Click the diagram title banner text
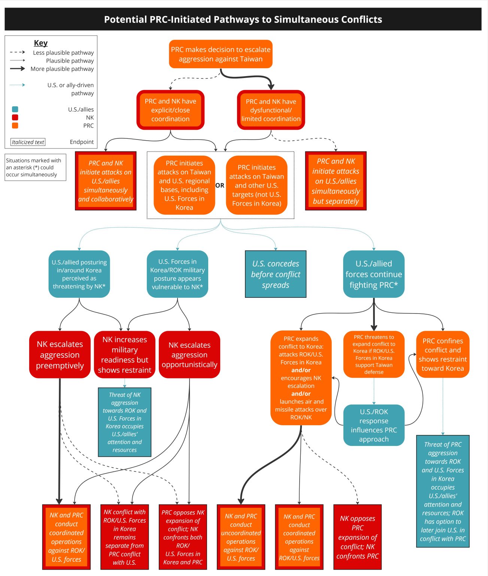point(243,19)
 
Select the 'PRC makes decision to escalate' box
point(221,54)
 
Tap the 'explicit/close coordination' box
point(170,110)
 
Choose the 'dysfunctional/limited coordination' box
point(271,110)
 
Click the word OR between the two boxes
point(220,185)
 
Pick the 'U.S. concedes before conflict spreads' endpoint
point(276,274)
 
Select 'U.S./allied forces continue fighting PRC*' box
point(374,274)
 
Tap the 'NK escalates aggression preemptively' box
point(60,354)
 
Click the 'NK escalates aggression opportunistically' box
point(190,354)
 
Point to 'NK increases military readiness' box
point(125,354)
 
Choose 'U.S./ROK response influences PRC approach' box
point(374,425)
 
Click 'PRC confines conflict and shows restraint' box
point(443,354)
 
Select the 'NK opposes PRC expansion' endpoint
point(358,537)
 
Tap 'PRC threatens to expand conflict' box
point(374,354)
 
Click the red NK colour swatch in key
point(15,117)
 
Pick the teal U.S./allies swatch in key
point(15,109)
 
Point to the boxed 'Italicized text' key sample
point(28,142)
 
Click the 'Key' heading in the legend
point(41,43)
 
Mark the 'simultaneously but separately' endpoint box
point(336,181)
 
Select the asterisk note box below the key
point(36,167)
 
